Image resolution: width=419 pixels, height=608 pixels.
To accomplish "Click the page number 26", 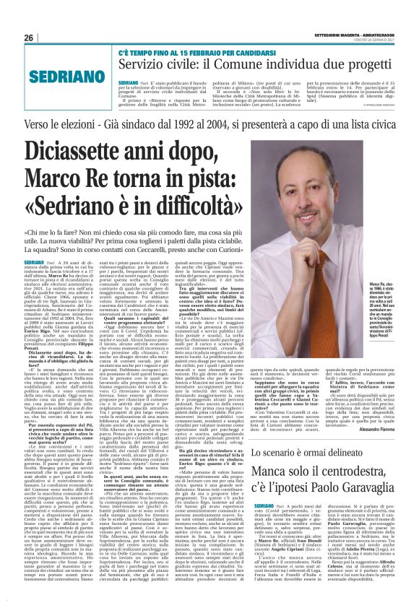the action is (x=29, y=38).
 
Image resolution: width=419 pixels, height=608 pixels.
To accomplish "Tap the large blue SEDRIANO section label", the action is (x=63, y=75).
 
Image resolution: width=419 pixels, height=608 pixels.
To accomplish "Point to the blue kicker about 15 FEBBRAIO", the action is (x=188, y=55).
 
